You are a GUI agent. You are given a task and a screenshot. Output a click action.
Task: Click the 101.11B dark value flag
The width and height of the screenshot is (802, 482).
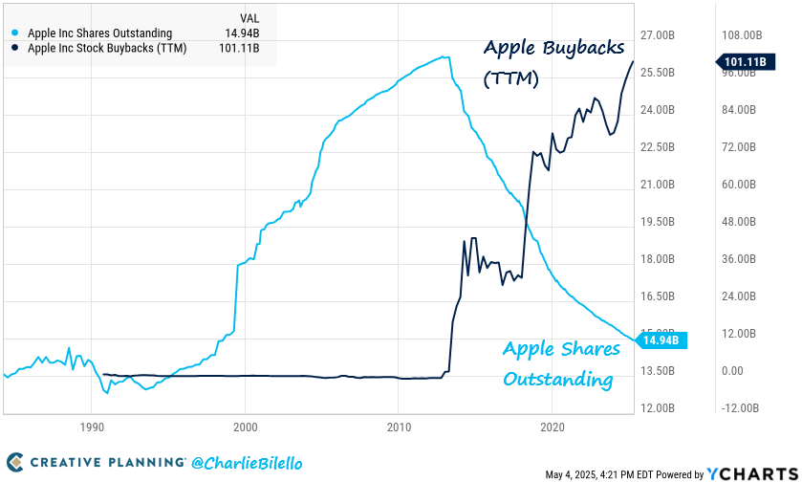point(746,63)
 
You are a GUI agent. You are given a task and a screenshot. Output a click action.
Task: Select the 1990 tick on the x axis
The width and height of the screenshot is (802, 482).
point(91,427)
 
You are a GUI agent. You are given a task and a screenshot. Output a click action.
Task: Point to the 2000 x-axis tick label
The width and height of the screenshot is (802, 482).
point(245,427)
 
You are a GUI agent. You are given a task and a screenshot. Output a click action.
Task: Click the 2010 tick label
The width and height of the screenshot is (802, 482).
point(399,427)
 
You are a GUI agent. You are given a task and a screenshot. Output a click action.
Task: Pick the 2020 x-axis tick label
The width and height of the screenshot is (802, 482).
point(552,427)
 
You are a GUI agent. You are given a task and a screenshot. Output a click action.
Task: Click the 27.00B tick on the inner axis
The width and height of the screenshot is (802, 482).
point(658,35)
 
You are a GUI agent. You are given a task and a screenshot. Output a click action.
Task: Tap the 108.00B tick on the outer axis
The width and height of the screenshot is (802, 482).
point(739,35)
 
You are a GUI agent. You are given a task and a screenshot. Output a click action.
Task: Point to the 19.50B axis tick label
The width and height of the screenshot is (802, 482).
point(658,222)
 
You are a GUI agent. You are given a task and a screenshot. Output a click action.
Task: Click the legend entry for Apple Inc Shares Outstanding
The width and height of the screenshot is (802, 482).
point(99,33)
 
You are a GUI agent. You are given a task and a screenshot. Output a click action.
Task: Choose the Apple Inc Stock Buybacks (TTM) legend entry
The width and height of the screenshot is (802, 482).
point(106,48)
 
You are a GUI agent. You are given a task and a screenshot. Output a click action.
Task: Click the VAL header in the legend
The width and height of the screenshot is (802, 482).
point(247,18)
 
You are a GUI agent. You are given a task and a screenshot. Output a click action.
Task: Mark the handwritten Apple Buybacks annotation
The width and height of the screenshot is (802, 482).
point(553,48)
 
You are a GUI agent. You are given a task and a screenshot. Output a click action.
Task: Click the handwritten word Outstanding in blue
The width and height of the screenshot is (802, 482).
point(557,380)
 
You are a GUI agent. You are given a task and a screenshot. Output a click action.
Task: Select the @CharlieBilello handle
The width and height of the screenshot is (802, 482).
point(247,463)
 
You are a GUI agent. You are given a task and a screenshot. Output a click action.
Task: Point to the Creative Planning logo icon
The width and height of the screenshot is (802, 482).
point(14,463)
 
